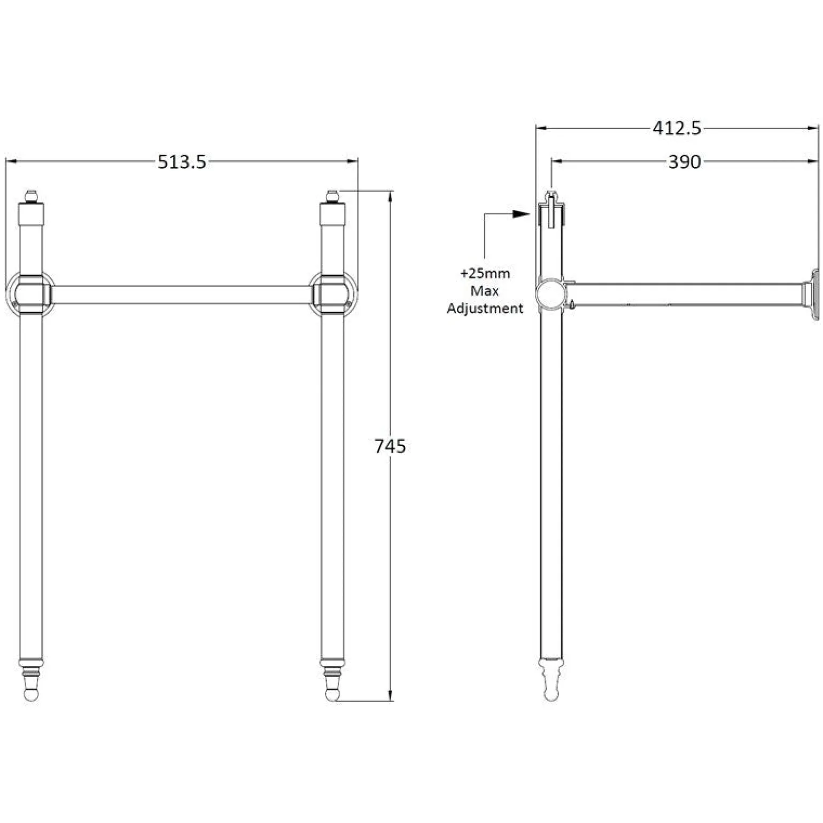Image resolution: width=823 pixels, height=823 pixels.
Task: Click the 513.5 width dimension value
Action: point(182,161)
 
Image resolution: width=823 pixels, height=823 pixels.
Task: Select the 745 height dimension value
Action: point(390,446)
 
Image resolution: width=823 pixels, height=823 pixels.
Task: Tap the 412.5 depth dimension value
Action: point(677,128)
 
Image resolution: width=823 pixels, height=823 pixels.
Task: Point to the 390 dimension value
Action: point(685,161)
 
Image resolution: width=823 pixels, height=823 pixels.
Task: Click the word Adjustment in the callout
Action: point(485,309)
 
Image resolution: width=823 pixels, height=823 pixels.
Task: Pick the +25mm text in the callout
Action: point(485,274)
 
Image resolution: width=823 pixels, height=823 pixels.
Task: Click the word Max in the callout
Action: point(485,291)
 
